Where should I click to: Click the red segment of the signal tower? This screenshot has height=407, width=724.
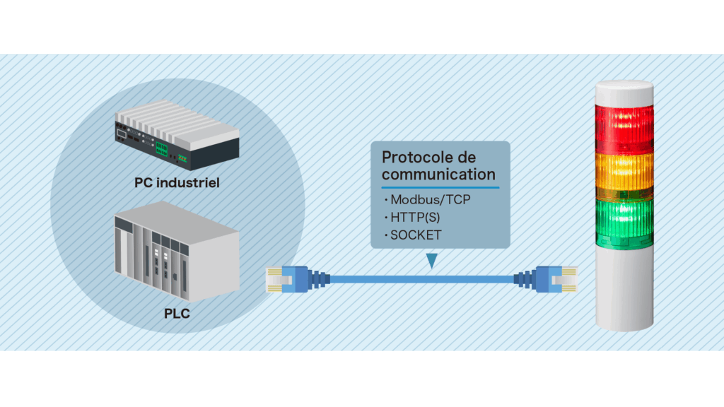coord(624,129)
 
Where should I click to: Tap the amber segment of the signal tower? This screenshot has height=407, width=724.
coord(624,175)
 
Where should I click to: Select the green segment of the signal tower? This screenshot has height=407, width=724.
coord(624,223)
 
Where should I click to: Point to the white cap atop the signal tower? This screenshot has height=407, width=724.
coord(624,93)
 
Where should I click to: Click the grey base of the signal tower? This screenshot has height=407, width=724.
coord(624,290)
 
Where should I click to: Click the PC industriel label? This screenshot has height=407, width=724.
coord(177,183)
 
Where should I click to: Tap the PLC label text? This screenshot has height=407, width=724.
coord(177,314)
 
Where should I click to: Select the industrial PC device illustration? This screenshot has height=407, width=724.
coord(177,135)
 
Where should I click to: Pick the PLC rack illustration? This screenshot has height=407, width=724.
coord(177,252)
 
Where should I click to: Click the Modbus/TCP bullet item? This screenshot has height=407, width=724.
coord(427,199)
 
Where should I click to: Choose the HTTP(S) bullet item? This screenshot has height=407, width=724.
coord(412,218)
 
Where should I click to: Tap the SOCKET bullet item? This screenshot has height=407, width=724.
coord(412,235)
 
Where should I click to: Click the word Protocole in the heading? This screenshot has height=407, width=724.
coord(418,158)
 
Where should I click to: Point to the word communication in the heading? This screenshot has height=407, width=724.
coord(438,175)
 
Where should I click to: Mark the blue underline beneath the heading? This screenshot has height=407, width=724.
coord(440,187)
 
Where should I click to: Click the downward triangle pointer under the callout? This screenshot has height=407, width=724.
coord(432,260)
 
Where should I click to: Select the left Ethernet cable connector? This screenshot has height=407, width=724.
coord(298,279)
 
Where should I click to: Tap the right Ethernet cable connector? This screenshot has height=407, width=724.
coord(546,279)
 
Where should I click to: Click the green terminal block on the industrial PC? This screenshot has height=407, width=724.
coord(161,148)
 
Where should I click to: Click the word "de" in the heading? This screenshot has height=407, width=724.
coord(467,158)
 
